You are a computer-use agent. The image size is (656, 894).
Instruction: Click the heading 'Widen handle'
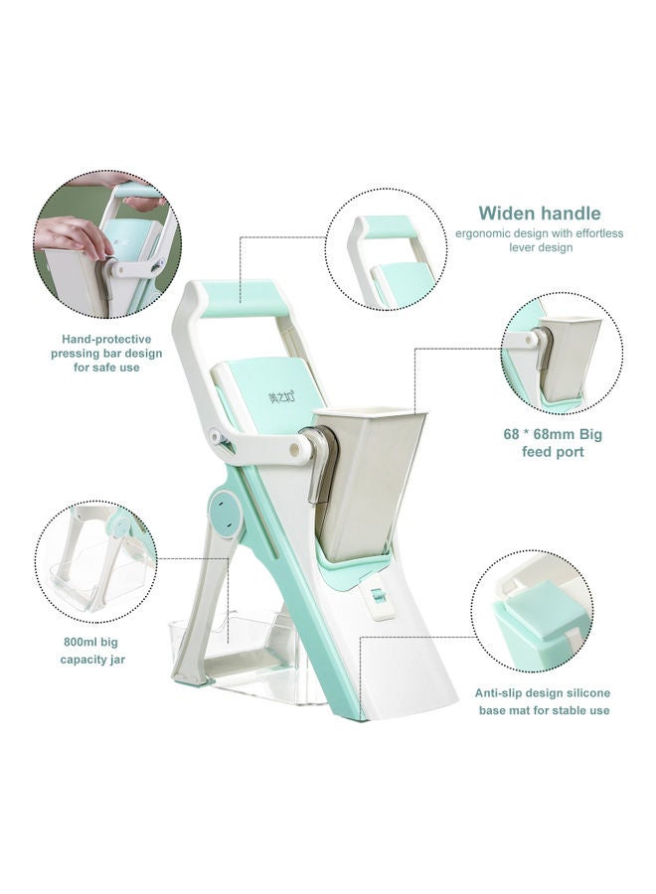click(539, 214)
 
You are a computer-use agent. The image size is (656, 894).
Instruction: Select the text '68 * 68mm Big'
click(553, 434)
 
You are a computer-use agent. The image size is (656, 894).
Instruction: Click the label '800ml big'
click(90, 642)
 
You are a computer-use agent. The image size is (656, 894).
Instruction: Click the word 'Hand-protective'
click(106, 340)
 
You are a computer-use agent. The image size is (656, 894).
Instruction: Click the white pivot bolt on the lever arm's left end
click(216, 437)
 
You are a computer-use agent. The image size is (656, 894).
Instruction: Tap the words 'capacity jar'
click(92, 660)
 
